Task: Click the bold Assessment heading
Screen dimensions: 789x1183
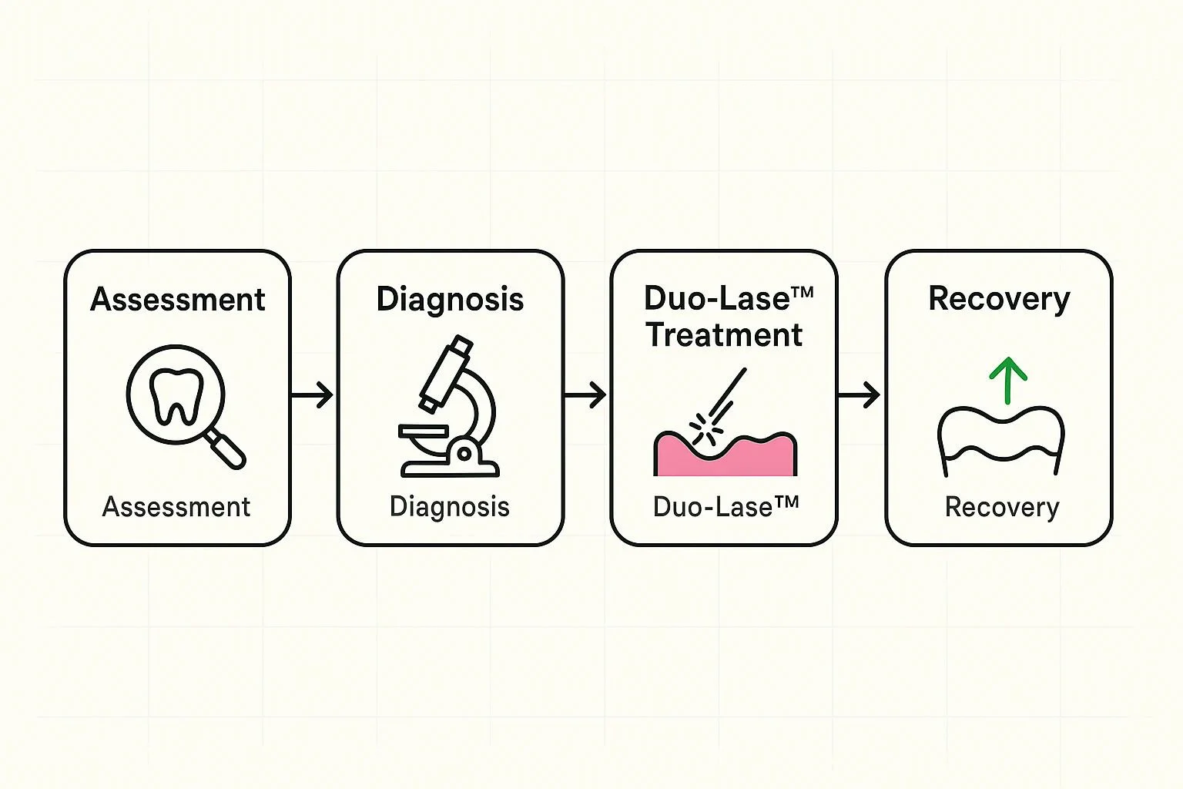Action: pos(177,299)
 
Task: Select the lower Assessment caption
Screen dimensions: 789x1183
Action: pos(176,507)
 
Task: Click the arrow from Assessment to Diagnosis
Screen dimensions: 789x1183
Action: pos(313,395)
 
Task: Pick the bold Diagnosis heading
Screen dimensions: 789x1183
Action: pos(450,299)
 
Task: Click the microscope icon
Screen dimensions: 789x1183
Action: pos(450,408)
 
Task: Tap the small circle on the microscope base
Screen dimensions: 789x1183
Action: pos(464,454)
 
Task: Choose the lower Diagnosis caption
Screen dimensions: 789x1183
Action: pos(450,507)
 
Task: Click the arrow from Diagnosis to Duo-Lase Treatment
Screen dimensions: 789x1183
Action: pos(585,395)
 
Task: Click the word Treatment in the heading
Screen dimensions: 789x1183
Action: pos(725,335)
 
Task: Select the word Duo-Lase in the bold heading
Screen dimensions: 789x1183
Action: pos(716,298)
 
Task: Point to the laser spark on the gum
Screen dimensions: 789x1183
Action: pos(702,431)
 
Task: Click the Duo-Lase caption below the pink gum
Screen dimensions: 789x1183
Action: pos(725,507)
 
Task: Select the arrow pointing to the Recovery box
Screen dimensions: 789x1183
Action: pos(860,395)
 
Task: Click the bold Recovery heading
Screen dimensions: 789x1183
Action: pos(999,299)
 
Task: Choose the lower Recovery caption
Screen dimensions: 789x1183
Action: pos(1001,507)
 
